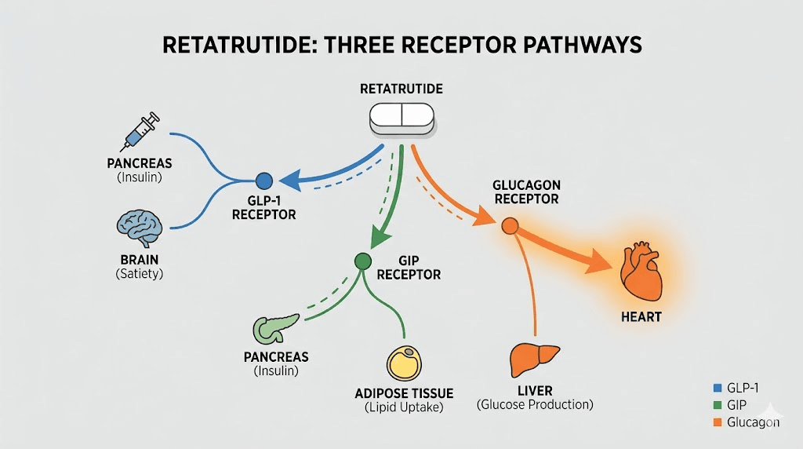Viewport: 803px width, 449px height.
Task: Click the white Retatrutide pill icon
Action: point(401,115)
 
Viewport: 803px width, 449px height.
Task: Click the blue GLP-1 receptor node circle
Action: point(264,181)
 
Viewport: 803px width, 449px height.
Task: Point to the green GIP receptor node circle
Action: point(362,261)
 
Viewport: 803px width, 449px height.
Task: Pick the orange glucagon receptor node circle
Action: point(510,226)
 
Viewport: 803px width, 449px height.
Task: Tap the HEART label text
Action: point(641,317)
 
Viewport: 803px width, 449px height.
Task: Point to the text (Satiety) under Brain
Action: point(139,274)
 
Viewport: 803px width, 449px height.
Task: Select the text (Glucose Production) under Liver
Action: point(535,404)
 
